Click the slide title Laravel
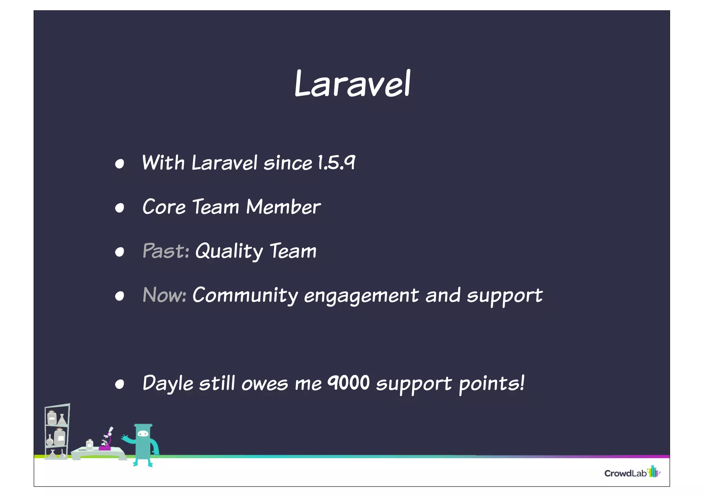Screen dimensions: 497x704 coord(352,83)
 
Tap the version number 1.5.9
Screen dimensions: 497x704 coord(337,162)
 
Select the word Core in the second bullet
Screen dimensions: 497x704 coord(164,207)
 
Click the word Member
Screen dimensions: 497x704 coord(283,207)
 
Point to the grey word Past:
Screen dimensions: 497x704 coord(166,251)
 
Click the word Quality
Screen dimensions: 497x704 coord(229,251)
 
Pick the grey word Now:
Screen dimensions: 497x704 coord(164,295)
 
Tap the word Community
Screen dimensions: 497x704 coord(245,295)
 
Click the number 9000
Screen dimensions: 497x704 coord(348,382)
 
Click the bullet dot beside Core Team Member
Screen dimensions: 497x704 coord(119,208)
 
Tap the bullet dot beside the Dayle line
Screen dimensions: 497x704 coord(119,384)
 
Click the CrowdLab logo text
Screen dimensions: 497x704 coord(625,473)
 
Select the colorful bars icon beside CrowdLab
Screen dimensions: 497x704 coord(653,472)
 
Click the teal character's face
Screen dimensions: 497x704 coord(143,434)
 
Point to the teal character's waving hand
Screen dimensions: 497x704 coord(125,437)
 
